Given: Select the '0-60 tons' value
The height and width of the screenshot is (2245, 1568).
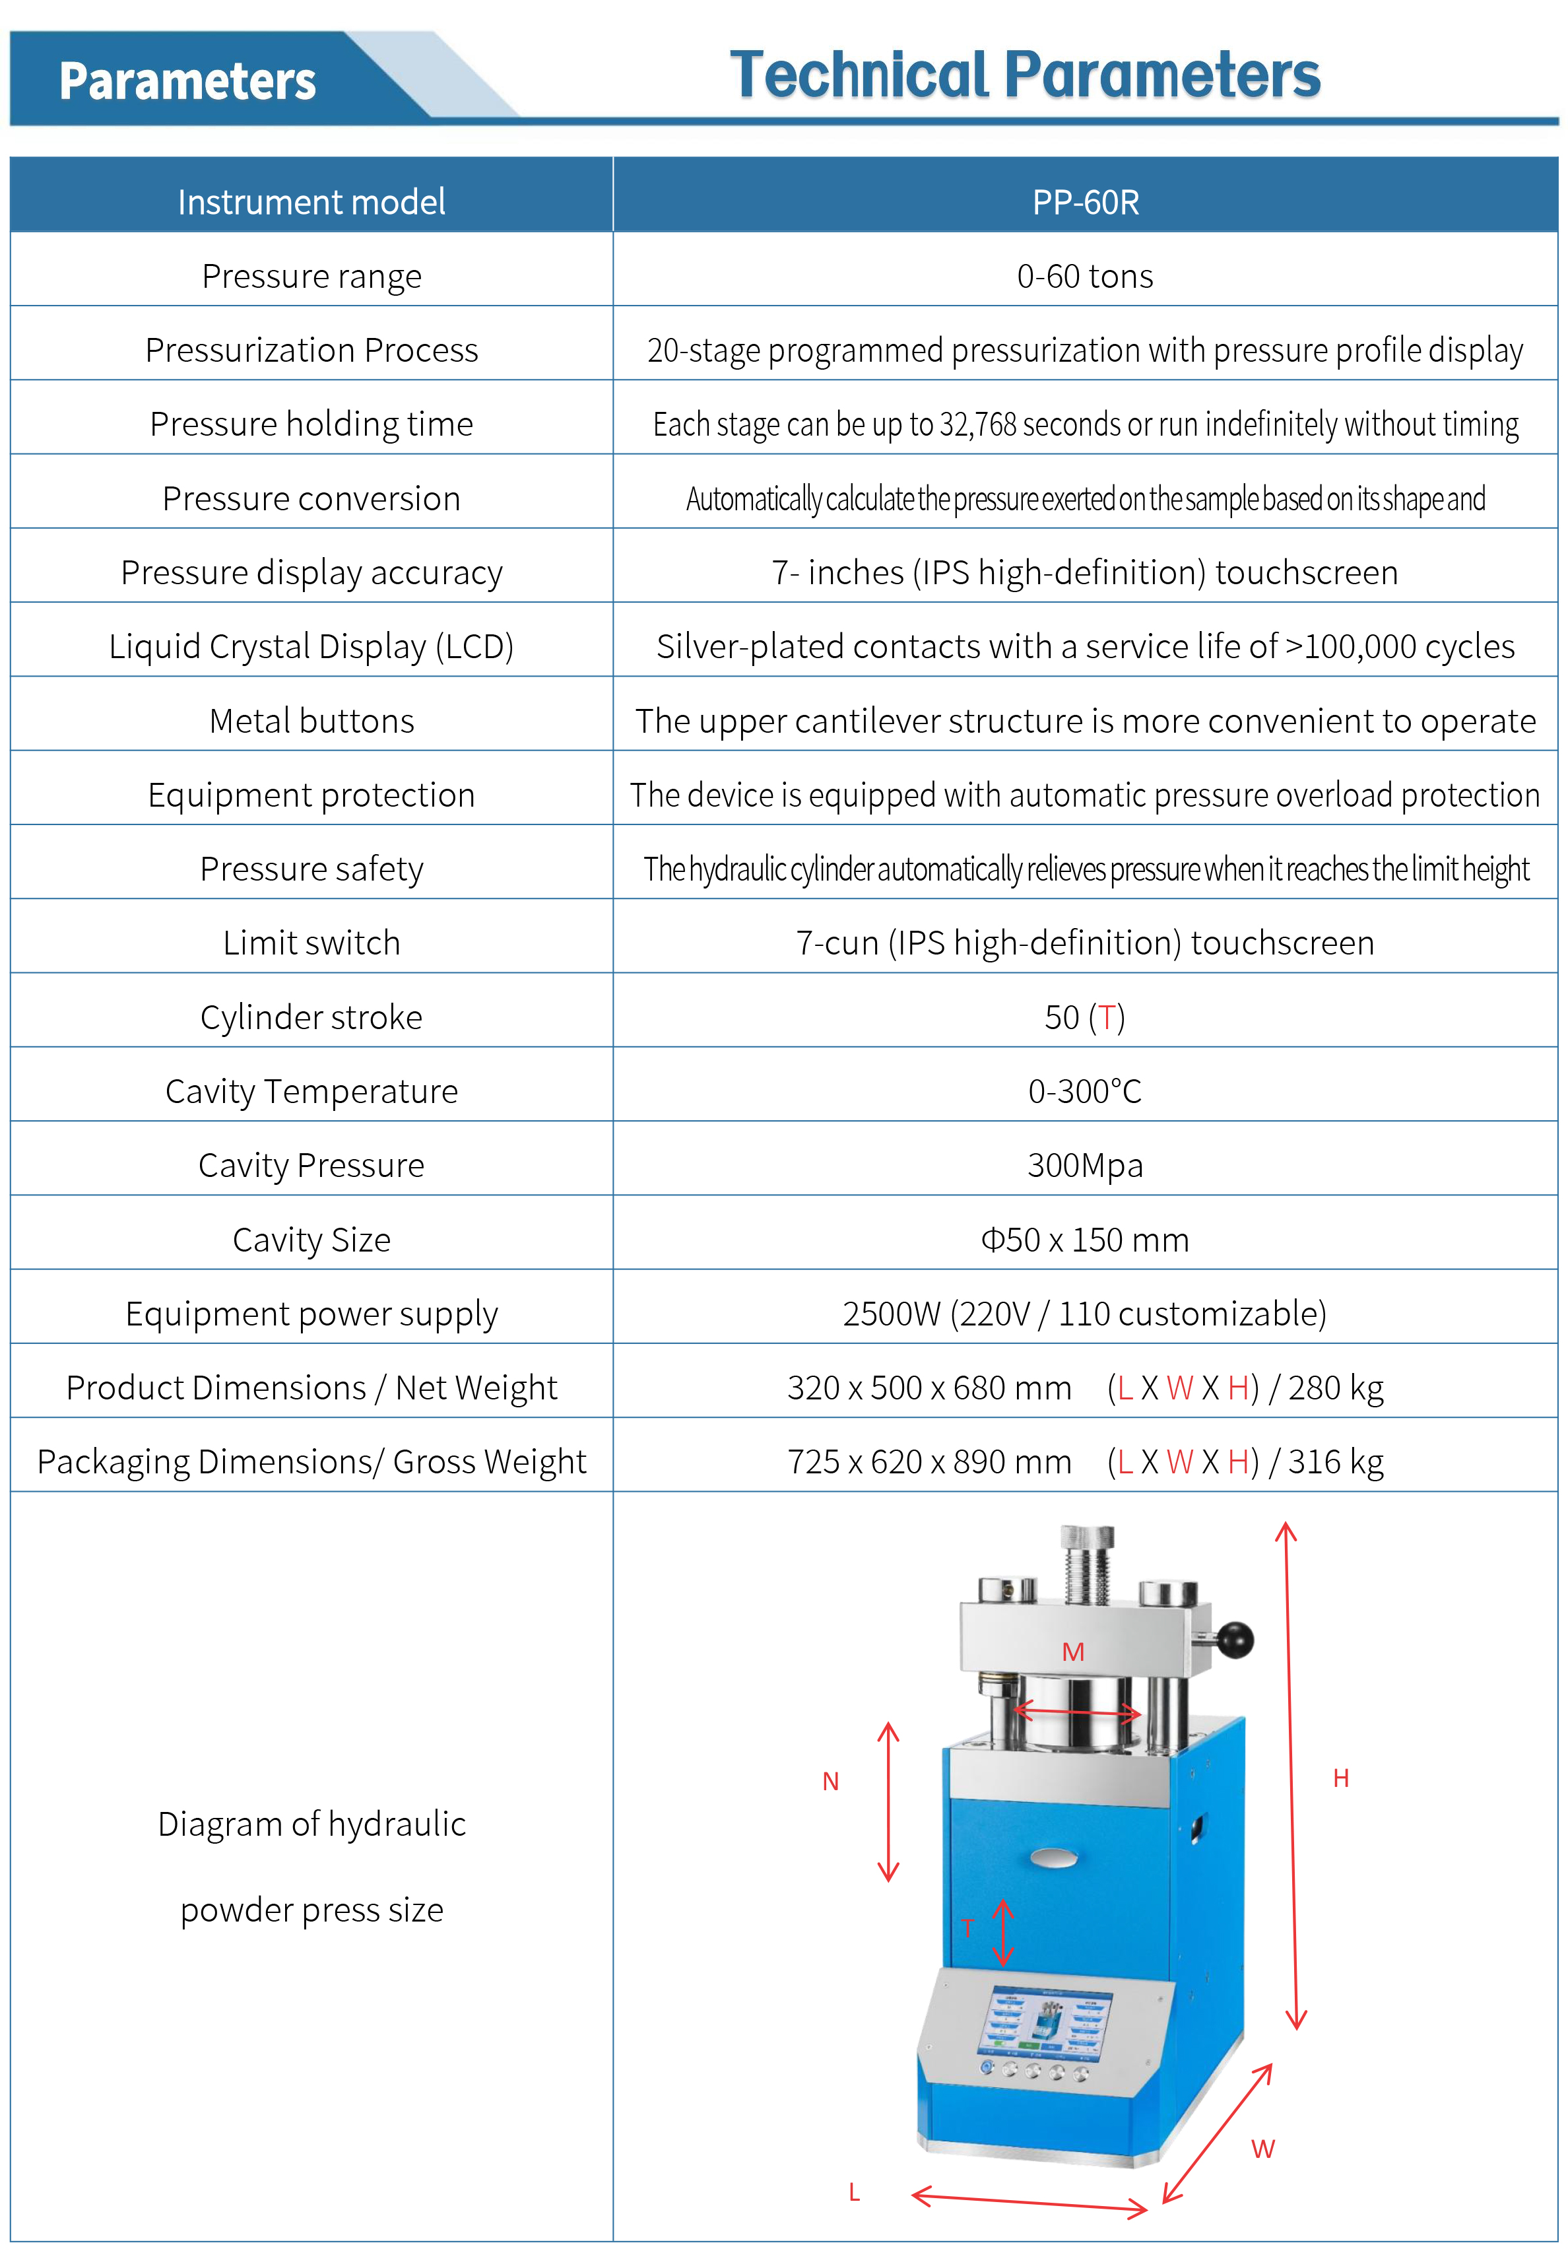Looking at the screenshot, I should click(1085, 277).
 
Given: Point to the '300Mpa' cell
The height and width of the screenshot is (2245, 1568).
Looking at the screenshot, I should click(1085, 1166).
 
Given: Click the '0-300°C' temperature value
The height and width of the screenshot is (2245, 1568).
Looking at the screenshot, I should click(1085, 1091).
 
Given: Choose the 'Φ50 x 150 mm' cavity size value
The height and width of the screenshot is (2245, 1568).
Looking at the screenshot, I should click(1085, 1240).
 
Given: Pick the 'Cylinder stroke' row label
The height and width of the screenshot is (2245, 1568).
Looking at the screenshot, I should click(311, 1018).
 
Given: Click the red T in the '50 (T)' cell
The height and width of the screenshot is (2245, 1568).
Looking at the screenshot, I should click(1107, 1018).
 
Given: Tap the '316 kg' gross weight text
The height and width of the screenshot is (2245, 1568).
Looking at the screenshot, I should click(1335, 1462).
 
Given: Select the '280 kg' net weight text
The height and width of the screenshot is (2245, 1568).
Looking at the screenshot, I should click(1335, 1388).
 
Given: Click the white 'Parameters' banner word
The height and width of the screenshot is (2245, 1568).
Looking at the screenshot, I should click(187, 81).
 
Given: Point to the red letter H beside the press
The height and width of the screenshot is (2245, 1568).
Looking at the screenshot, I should click(1341, 1778).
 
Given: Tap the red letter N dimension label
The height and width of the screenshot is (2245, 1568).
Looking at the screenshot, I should click(831, 1782).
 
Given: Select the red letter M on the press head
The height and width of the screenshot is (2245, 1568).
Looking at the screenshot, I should click(1073, 1652).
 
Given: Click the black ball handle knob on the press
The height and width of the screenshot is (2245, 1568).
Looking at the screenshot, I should click(1235, 1640).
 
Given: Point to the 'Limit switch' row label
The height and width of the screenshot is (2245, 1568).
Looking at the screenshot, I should click(311, 943).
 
